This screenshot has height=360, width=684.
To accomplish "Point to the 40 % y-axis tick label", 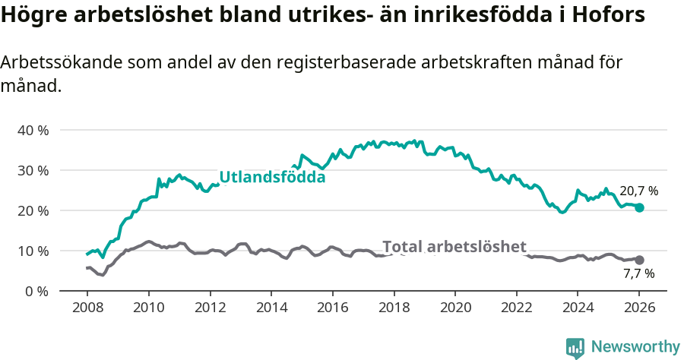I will (x=33, y=130).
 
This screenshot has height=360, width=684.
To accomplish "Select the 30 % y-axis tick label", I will (x=33, y=170).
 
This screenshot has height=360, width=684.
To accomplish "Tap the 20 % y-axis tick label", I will (x=33, y=210).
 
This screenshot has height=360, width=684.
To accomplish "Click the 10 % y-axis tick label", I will (x=33, y=251).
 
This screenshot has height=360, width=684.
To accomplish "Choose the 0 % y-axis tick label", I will (x=36, y=291).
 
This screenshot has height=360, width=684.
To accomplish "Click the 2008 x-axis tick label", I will (x=87, y=308).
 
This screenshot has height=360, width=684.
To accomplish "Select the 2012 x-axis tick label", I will (x=209, y=308).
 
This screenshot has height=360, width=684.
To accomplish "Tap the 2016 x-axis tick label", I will (x=332, y=308).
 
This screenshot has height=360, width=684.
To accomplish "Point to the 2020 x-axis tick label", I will (x=454, y=308).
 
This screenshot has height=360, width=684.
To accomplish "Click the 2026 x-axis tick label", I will (x=638, y=308).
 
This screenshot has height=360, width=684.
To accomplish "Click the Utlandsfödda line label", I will (x=272, y=178).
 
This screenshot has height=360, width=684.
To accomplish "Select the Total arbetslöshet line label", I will (x=454, y=247).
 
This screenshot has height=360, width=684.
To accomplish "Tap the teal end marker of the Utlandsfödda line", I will (x=639, y=207).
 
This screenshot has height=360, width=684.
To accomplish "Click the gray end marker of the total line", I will (x=639, y=260).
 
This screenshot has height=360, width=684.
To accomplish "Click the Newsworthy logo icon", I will (x=575, y=347).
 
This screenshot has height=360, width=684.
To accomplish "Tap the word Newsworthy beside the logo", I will (x=635, y=347).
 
